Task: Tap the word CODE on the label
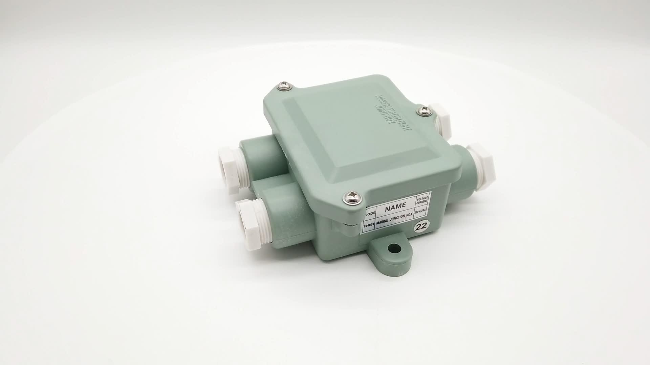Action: click(x=369, y=214)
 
